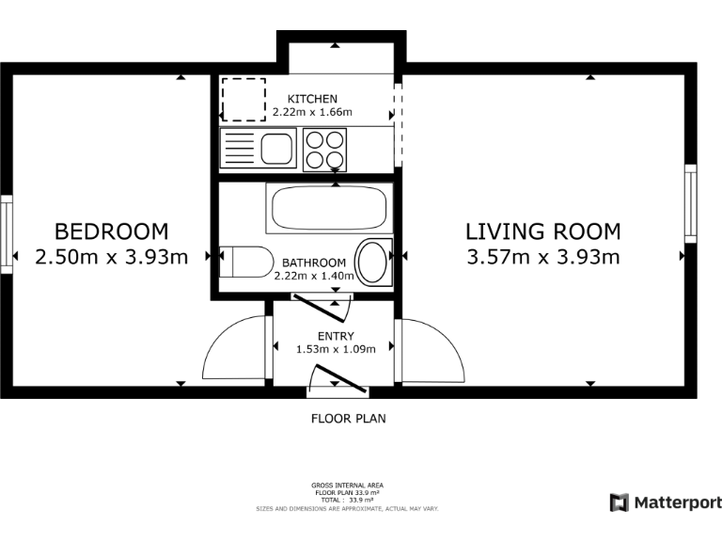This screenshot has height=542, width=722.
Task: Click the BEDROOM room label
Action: click(x=112, y=231)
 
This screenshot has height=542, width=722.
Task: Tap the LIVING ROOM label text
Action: click(x=543, y=231)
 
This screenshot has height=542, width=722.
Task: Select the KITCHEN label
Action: click(x=312, y=99)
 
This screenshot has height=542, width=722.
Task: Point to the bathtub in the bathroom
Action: click(x=329, y=208)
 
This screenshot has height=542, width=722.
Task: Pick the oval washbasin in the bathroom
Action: click(x=373, y=263)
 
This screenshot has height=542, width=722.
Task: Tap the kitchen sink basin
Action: click(x=276, y=149)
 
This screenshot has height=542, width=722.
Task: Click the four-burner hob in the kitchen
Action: click(x=324, y=150)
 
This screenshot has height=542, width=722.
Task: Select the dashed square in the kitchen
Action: click(x=243, y=100)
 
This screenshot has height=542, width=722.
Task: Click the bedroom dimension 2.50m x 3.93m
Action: click(x=112, y=257)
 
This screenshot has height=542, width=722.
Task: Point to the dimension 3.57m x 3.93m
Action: click(x=543, y=257)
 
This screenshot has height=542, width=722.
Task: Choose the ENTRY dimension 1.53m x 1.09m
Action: click(x=336, y=349)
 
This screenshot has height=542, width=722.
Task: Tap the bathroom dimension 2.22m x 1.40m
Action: click(x=314, y=276)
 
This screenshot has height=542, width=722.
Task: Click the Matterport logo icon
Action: click(x=620, y=502)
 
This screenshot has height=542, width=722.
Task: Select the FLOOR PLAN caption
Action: click(x=349, y=419)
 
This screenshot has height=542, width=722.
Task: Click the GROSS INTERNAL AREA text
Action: click(x=347, y=486)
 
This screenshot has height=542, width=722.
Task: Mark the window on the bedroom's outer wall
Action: click(x=7, y=234)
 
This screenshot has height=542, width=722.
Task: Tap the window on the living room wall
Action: click(x=691, y=203)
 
